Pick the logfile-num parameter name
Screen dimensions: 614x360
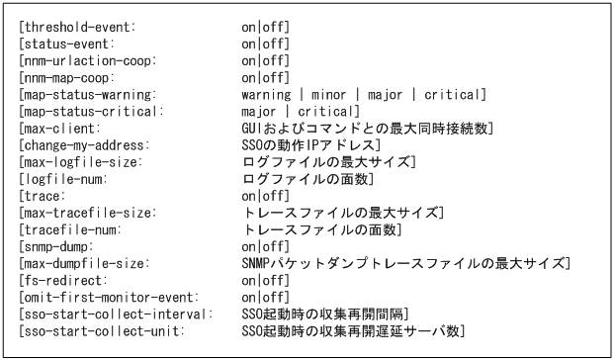[65, 179]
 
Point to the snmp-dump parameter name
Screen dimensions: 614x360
[60, 244]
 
